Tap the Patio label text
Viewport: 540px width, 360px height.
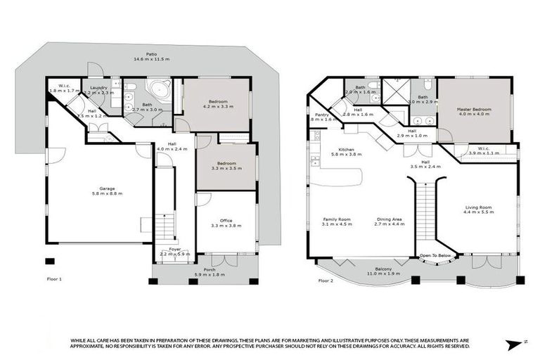[151, 54]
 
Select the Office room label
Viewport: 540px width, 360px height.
[226, 220]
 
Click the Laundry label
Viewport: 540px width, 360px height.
[98, 88]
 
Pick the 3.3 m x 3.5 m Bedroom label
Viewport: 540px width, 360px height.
[226, 164]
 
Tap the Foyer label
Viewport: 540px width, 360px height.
[174, 250]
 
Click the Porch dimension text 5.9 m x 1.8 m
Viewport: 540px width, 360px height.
[210, 275]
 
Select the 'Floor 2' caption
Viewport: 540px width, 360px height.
[326, 281]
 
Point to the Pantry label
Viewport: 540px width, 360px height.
[323, 115]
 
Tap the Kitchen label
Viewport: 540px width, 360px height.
[346, 150]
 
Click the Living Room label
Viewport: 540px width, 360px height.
[478, 207]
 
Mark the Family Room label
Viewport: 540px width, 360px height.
[337, 219]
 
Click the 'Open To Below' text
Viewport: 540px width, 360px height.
[435, 255]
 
